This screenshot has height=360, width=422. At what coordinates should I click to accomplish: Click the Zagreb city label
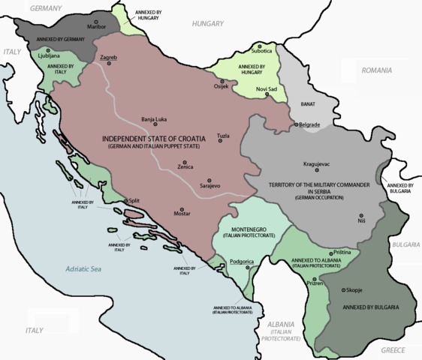click(x=108, y=57)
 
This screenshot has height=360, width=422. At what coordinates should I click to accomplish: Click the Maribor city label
click(x=98, y=29)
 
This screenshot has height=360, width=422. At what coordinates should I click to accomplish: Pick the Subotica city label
click(x=262, y=51)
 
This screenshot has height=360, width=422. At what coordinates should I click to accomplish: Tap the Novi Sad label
click(x=267, y=90)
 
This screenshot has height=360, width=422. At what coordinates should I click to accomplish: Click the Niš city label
click(x=363, y=221)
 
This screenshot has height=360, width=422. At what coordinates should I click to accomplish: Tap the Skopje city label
click(x=355, y=290)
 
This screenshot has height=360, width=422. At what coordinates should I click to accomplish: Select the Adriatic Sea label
click(x=87, y=269)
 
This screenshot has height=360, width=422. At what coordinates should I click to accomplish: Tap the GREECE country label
click(x=393, y=350)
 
